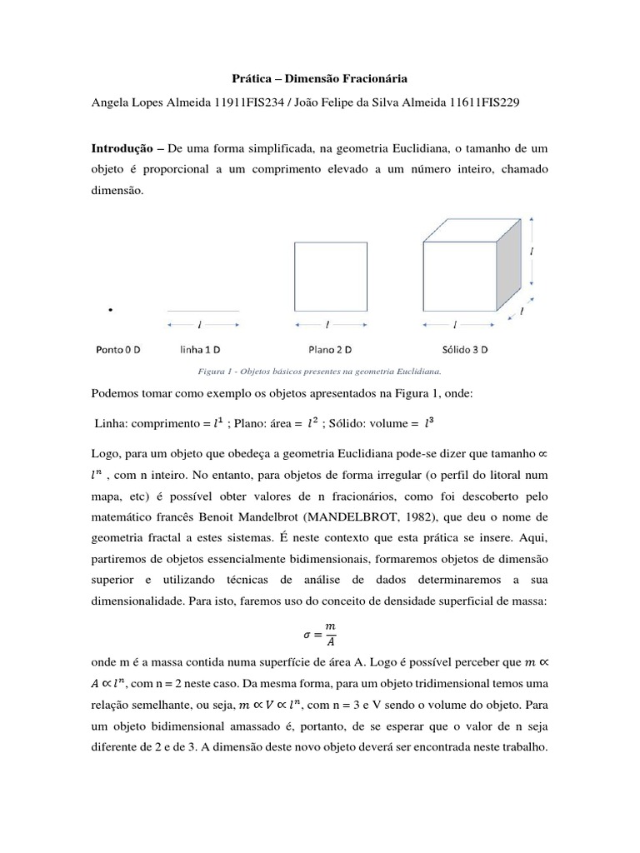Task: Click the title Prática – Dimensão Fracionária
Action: (319, 80)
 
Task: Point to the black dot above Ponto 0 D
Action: (110, 310)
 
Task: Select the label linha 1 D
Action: (204, 350)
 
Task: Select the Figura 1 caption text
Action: (319, 371)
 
